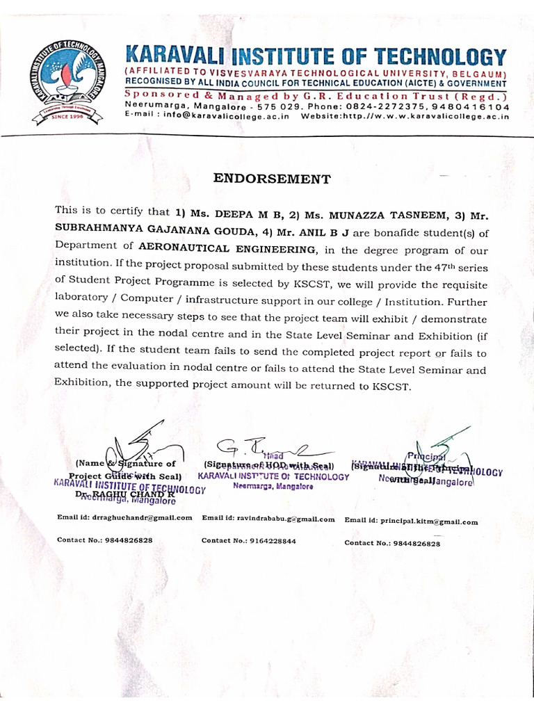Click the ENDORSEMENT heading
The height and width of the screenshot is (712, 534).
pos(271,179)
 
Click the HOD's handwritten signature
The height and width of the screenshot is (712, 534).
pos(264,447)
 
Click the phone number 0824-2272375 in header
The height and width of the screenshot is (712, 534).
pos(390,106)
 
